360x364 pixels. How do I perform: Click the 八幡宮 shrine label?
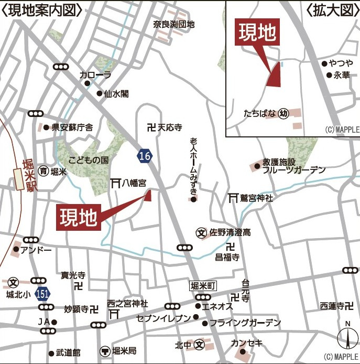pyautogui.click(x=134, y=183)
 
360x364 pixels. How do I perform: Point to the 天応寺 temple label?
pyautogui.click(x=170, y=127)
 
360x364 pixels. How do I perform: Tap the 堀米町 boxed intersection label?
pyautogui.click(x=203, y=285)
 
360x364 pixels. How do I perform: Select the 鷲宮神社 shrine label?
pyautogui.click(x=257, y=198)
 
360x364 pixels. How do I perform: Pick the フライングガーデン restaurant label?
pyautogui.click(x=245, y=323)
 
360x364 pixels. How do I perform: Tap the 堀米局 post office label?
pyautogui.click(x=125, y=350)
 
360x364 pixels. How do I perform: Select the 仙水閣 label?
pyautogui.click(x=116, y=94)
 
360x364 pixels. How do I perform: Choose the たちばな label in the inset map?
pyautogui.click(x=259, y=113)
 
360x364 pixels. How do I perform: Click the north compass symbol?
pyautogui.click(x=347, y=336)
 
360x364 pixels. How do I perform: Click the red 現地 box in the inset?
pyautogui.click(x=257, y=33)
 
